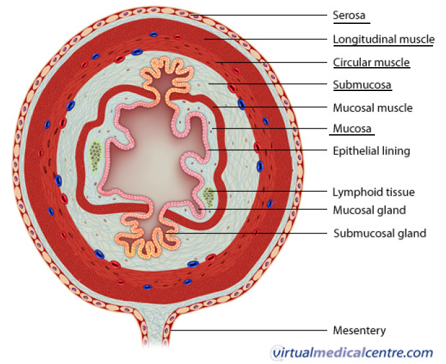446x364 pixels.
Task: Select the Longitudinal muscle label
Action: [x=383, y=39]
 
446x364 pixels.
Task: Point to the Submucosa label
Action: [x=362, y=85]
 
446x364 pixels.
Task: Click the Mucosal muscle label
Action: [x=372, y=107]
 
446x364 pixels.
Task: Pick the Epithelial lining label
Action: [x=372, y=151]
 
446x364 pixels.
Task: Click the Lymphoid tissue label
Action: [x=374, y=192]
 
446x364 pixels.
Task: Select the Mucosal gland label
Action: [x=369, y=210]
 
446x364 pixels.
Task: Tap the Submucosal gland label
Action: [x=379, y=233]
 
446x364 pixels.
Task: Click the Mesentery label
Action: [x=359, y=330]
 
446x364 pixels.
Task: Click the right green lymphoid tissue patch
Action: [x=209, y=195]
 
